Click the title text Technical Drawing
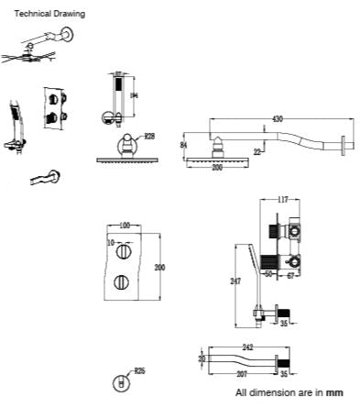[49, 15]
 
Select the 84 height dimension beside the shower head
[184, 143]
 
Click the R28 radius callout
[149, 136]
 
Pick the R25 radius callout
[139, 371]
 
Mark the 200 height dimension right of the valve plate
[160, 267]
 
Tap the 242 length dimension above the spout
[248, 347]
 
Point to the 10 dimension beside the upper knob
[109, 243]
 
